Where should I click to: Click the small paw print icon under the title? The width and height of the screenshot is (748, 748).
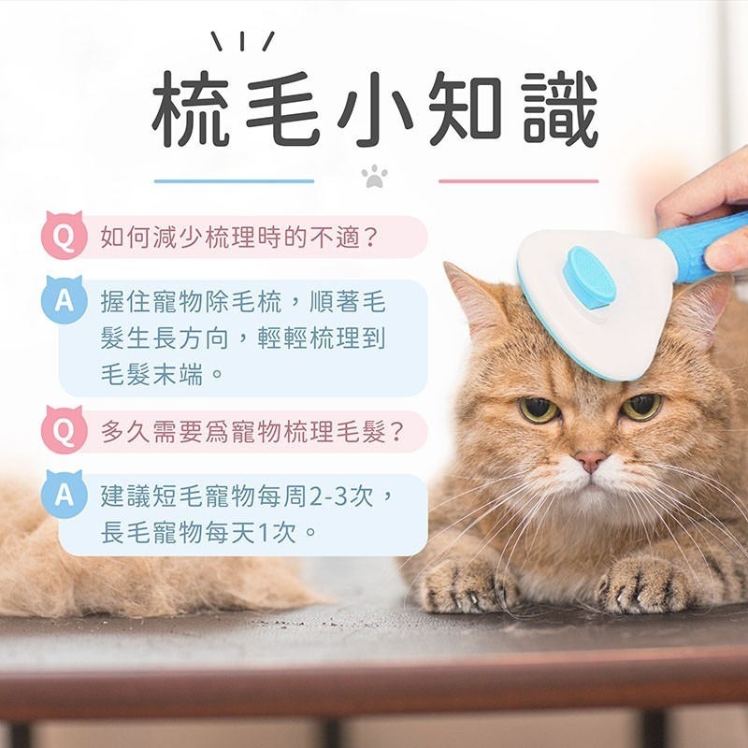click(375, 176)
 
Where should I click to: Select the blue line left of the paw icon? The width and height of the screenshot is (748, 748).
click(234, 181)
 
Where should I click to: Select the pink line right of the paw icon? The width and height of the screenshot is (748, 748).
click(518, 181)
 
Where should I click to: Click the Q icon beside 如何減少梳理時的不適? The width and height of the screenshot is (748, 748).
click(64, 236)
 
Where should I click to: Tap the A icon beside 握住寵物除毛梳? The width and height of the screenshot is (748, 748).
click(64, 301)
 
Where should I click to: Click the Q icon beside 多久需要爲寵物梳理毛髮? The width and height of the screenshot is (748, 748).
click(64, 431)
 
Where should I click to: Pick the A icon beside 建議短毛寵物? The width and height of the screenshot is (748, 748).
click(64, 495)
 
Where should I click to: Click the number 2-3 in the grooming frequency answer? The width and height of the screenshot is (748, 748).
click(327, 496)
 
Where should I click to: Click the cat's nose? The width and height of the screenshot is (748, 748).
click(590, 460)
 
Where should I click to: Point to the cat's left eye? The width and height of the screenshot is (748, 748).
click(539, 410)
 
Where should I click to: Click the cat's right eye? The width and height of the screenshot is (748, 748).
click(641, 406)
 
